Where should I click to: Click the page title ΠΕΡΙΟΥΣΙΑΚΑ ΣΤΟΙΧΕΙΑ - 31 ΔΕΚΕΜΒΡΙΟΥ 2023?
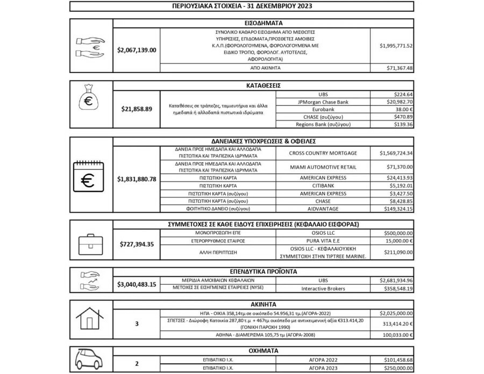241,6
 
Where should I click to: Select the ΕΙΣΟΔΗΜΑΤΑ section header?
264,23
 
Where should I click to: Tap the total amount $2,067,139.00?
137,50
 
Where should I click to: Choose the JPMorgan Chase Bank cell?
323,101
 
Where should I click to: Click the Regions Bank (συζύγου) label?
323,124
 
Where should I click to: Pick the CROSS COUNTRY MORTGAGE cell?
323,153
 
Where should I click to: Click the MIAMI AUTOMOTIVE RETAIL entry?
323,167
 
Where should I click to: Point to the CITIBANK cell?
323,185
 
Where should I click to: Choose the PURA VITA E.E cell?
323,242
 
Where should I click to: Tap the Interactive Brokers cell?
323,288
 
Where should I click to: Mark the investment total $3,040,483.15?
137,284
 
